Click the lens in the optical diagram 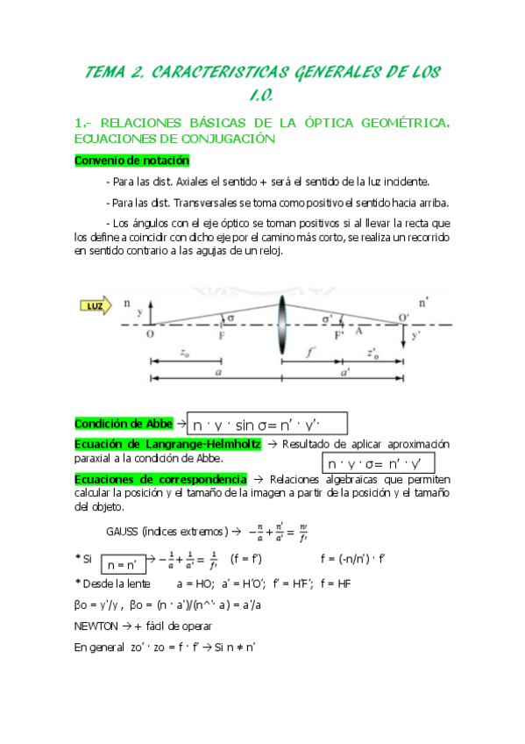[282, 325]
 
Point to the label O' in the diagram [403, 317]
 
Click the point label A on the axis [358, 332]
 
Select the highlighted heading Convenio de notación [131, 161]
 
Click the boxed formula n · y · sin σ [270, 424]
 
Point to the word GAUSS [123, 532]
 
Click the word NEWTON [96, 626]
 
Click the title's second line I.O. [262, 95]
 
